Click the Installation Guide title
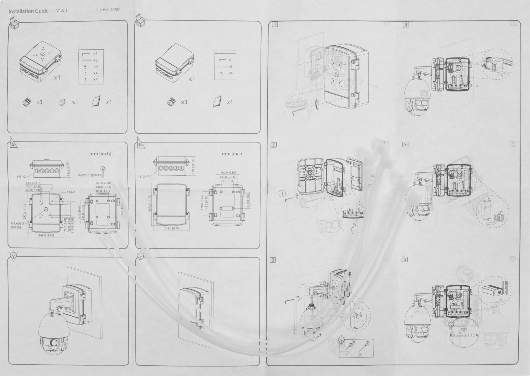29,11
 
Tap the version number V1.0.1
62,11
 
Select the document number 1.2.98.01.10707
108,10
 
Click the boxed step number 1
275,24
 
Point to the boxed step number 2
274,145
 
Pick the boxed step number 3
273,260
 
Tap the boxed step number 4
406,25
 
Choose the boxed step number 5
405,145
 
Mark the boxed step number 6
405,259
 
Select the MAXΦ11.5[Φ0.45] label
90,175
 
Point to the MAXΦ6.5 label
17,224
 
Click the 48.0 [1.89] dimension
33,190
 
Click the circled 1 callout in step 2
282,194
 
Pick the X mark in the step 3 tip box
360,354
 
